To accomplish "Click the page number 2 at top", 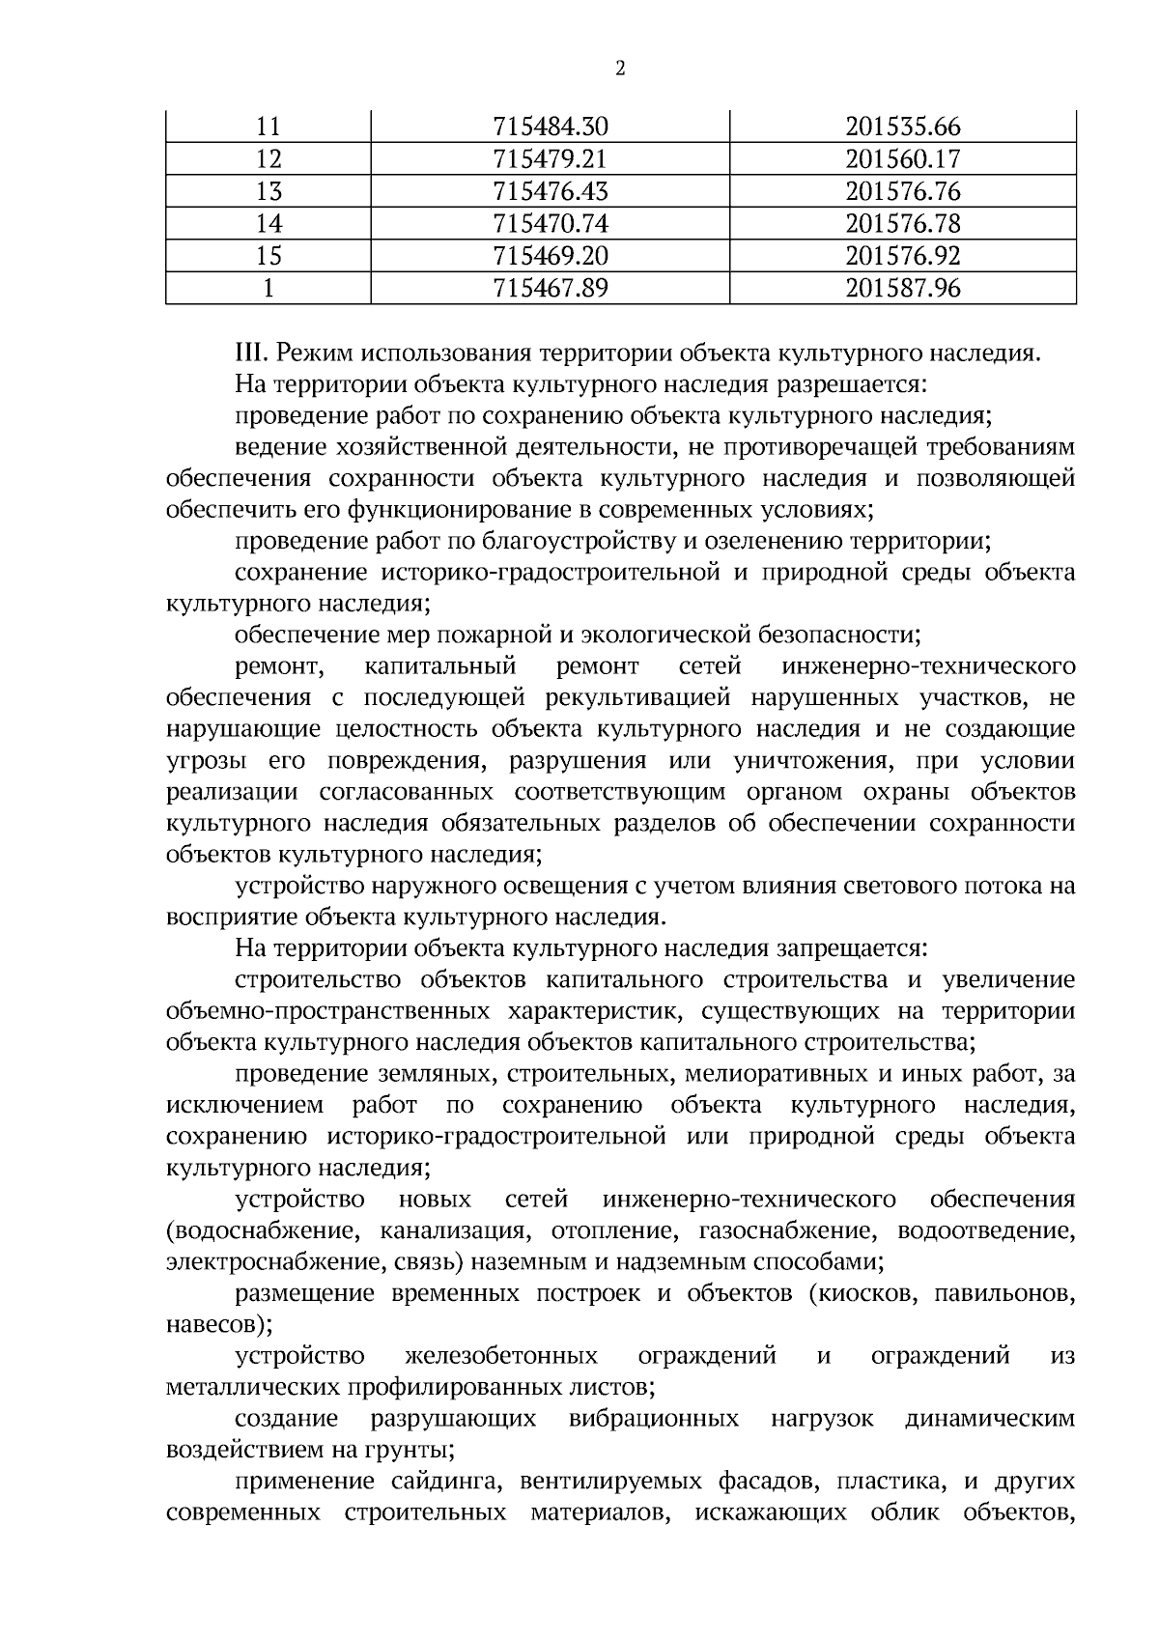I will pos(619,69).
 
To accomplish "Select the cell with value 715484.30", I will pos(551,127).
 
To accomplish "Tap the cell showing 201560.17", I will pos(903,158).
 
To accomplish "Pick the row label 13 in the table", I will pos(269,191).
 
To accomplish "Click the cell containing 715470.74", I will pos(551,224).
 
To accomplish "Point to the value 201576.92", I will pos(903,256).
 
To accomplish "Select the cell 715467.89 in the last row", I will pos(551,288).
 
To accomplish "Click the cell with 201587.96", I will pos(903,288).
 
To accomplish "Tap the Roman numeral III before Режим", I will pos(252,353).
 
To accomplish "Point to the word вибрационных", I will pos(654,1419).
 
